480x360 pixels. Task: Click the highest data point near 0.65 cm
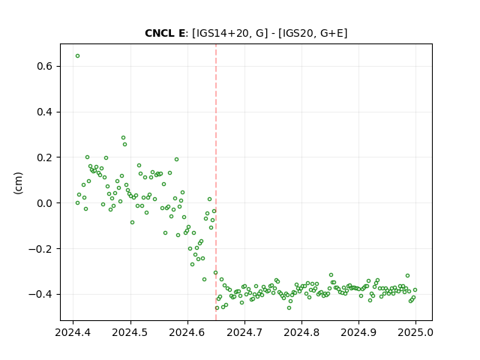[x=77, y=56]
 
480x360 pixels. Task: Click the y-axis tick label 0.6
[x=45, y=67]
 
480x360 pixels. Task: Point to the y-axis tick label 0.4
[x=45, y=112]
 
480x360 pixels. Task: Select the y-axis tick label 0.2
[x=45, y=157]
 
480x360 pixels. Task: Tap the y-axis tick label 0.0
[x=45, y=203]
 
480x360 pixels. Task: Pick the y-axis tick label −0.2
[x=40, y=249]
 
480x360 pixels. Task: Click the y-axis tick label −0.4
[x=40, y=295]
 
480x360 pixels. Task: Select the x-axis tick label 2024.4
[x=73, y=332]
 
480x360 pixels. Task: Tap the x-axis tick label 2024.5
[x=130, y=332]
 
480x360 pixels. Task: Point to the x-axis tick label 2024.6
[x=187, y=332]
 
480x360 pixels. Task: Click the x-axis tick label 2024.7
[x=244, y=332]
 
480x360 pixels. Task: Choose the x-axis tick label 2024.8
[x=301, y=332]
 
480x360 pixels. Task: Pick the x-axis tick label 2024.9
[x=358, y=332]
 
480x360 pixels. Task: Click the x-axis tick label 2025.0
[x=415, y=332]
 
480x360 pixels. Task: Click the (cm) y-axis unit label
[x=18, y=183]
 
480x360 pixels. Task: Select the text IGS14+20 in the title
[x=222, y=33]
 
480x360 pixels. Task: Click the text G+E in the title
[x=332, y=33]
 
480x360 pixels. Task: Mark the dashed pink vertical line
[x=216, y=182]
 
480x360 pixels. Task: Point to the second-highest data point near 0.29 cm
[x=123, y=138]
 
